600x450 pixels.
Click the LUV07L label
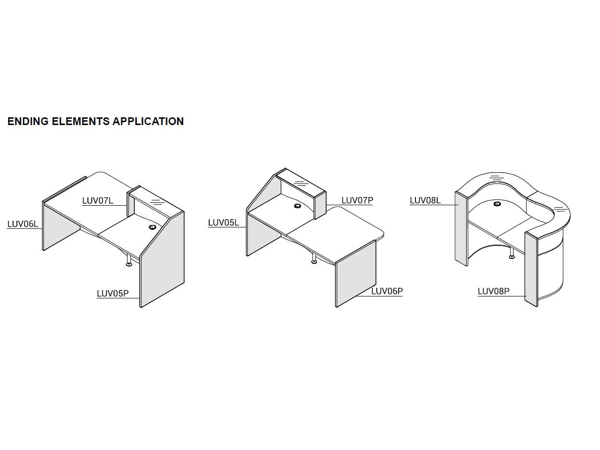pos(98,201)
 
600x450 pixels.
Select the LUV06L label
pos(23,224)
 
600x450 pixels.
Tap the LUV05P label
pos(113,294)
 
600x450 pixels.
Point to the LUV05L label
pos(223,223)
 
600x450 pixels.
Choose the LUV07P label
pos(357,200)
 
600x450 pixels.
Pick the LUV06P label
pos(387,291)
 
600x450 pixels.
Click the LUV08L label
pos(425,200)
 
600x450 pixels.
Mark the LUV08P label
pos(494,291)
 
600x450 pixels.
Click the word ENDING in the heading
pos(28,121)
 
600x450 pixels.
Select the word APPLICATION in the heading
pos(148,121)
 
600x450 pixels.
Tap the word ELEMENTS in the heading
pos(81,121)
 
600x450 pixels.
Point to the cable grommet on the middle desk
pos(298,206)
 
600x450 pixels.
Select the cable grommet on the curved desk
pos(497,204)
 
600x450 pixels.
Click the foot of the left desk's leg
pos(129,264)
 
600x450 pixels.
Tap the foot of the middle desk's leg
pos(314,262)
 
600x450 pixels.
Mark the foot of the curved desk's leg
pos(512,256)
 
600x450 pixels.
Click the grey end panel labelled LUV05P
pos(162,260)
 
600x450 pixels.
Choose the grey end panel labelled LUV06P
pos(356,273)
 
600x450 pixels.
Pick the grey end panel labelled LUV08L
pos(461,229)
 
